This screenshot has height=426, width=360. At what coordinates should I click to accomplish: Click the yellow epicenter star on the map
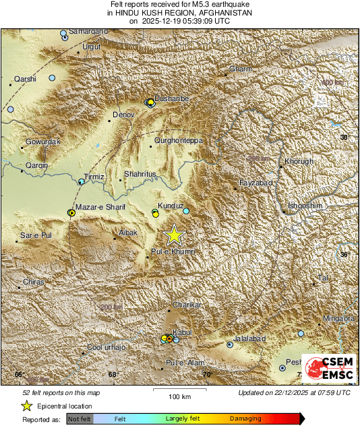(175, 235)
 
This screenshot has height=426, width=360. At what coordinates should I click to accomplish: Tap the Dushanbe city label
(172, 98)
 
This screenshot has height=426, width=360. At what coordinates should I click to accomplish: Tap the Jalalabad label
(249, 338)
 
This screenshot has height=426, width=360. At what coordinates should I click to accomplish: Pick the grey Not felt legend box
(79, 419)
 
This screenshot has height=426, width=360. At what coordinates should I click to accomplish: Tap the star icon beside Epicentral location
(27, 406)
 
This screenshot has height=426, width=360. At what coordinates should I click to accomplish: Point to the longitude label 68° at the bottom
(113, 374)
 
